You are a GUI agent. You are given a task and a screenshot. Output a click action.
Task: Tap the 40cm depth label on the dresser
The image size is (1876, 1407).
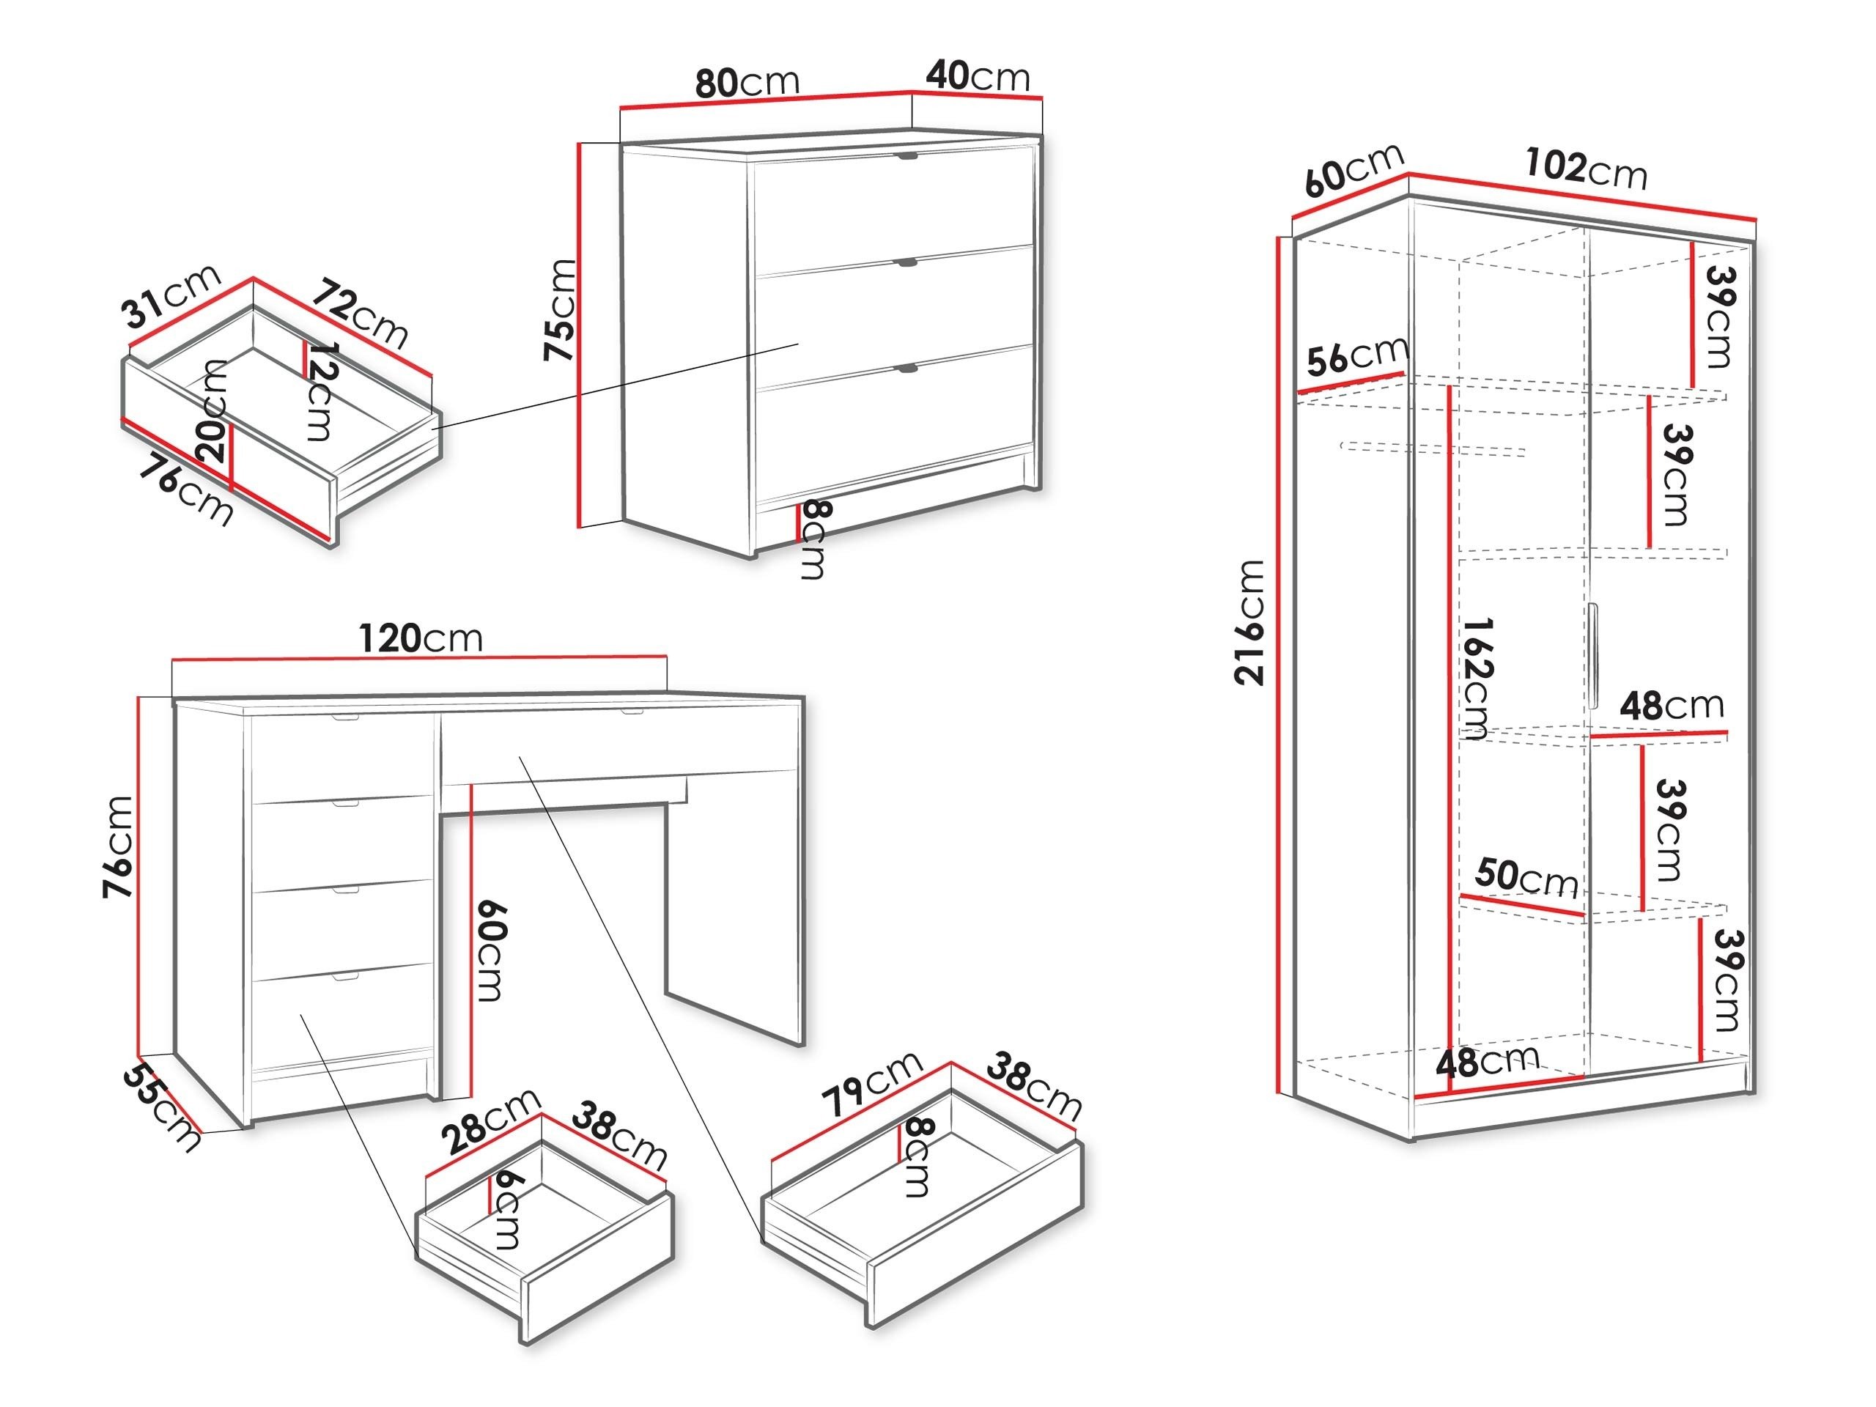[977, 76]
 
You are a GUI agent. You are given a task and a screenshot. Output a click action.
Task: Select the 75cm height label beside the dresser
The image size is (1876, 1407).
[561, 309]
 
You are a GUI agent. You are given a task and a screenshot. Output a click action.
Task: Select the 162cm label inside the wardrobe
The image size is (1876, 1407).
[1477, 679]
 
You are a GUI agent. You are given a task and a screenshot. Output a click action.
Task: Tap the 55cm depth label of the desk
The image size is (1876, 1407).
[161, 1107]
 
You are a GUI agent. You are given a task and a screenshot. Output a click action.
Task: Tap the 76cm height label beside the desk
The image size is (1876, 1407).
[118, 846]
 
